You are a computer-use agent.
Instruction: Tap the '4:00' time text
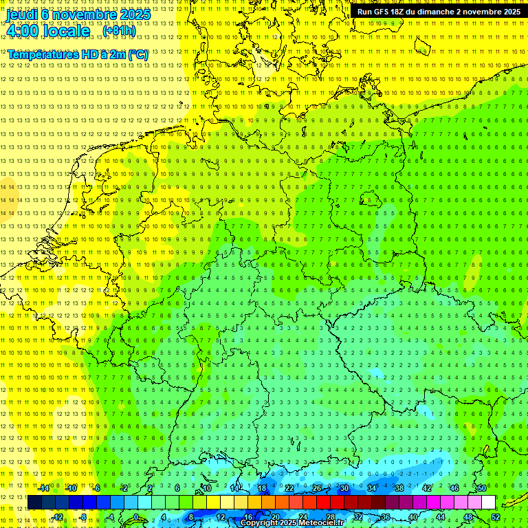pyautogui.click(x=23, y=31)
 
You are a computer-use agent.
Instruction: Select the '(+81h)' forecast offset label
pyautogui.click(x=119, y=31)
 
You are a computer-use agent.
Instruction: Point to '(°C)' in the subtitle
pyautogui.click(x=137, y=54)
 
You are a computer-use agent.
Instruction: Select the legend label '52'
pyautogui.click(x=496, y=517)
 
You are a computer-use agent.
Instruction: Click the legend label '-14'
pyautogui.click(x=44, y=488)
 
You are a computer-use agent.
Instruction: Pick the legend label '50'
pyautogui.click(x=482, y=488)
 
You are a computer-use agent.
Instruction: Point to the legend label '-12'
pyautogui.click(x=57, y=517)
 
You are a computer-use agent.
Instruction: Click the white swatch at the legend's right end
pyautogui.click(x=489, y=503)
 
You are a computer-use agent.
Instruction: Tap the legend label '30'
pyautogui.click(x=344, y=488)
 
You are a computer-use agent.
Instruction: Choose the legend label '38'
pyautogui.click(x=399, y=488)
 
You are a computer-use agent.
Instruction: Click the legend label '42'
pyautogui.click(x=426, y=488)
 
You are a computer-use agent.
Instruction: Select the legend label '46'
pyautogui.click(x=454, y=488)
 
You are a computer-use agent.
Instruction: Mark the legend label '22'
pyautogui.click(x=289, y=488)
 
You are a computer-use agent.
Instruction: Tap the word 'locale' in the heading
pyautogui.click(x=66, y=31)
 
